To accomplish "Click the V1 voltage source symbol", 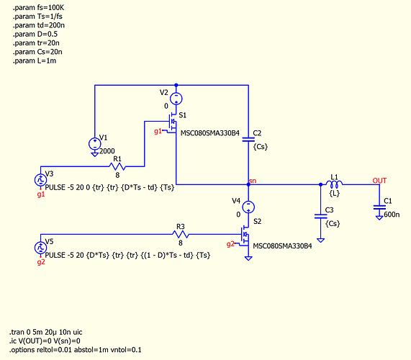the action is point(94,144).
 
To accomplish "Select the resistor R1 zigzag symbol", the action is point(117,166).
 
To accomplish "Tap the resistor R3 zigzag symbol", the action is point(181,234).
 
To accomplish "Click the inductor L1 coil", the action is point(334,184).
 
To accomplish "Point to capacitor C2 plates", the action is point(248,139).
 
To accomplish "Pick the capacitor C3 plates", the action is point(320,216).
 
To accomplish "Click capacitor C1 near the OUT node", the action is point(379,207).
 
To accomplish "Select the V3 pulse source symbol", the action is point(40,180).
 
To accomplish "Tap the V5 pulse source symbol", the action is point(40,248).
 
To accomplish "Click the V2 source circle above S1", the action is point(176,99).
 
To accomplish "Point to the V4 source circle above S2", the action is point(248,207).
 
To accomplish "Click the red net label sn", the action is point(253,181).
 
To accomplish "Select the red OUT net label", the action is point(379,181).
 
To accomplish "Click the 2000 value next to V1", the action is point(107,151).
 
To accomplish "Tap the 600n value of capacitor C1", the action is point(392,215).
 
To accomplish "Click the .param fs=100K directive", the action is point(38,8).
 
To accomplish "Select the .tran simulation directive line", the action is point(46,332).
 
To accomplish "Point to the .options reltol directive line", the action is point(76,350).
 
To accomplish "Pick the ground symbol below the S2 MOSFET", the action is point(248,258).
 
